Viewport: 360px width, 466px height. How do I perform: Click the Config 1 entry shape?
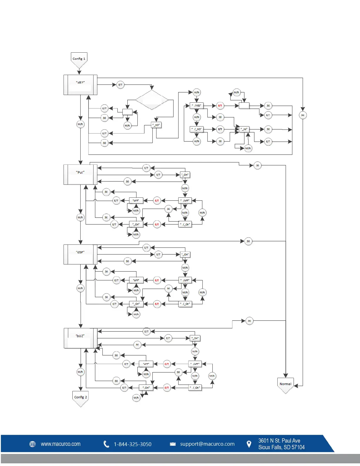click(x=79, y=60)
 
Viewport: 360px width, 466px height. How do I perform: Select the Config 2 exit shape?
click(x=80, y=398)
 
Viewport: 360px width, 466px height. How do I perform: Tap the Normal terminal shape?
click(x=285, y=385)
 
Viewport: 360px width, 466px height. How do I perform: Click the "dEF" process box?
click(x=80, y=85)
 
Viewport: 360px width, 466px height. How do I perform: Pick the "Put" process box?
click(x=80, y=174)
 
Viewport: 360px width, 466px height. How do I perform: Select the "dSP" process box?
click(x=80, y=254)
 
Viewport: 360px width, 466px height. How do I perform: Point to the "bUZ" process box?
click(x=80, y=338)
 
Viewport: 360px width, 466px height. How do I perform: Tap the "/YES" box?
click(x=196, y=106)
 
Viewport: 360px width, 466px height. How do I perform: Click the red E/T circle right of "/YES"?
click(x=220, y=106)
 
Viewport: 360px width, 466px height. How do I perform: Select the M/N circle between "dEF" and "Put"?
click(x=80, y=124)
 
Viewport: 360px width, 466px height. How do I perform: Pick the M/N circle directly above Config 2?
click(x=80, y=372)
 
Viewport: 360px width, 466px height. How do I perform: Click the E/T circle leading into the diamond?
click(x=120, y=85)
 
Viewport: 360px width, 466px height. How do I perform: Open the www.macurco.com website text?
click(x=61, y=444)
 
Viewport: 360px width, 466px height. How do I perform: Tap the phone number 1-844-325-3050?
click(x=133, y=444)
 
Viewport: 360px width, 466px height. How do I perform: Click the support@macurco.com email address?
click(x=207, y=444)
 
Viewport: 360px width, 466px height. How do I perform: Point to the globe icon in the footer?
click(x=33, y=444)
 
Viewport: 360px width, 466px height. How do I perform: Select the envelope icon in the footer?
click(x=173, y=444)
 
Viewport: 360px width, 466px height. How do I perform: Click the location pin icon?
click(x=249, y=444)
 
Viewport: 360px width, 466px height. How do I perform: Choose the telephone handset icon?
click(x=106, y=444)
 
